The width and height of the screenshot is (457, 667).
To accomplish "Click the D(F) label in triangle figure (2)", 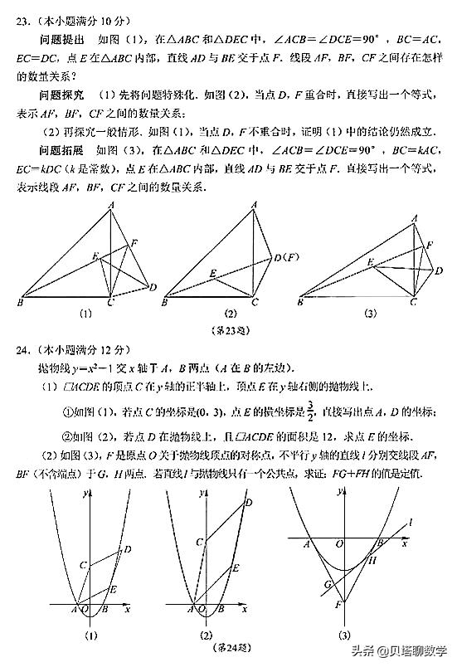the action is (284, 258).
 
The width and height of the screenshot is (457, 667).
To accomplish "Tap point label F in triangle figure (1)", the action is (135, 242).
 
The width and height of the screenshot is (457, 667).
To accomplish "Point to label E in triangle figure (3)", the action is (370, 262).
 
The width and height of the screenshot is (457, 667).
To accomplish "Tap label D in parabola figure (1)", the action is (127, 548).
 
